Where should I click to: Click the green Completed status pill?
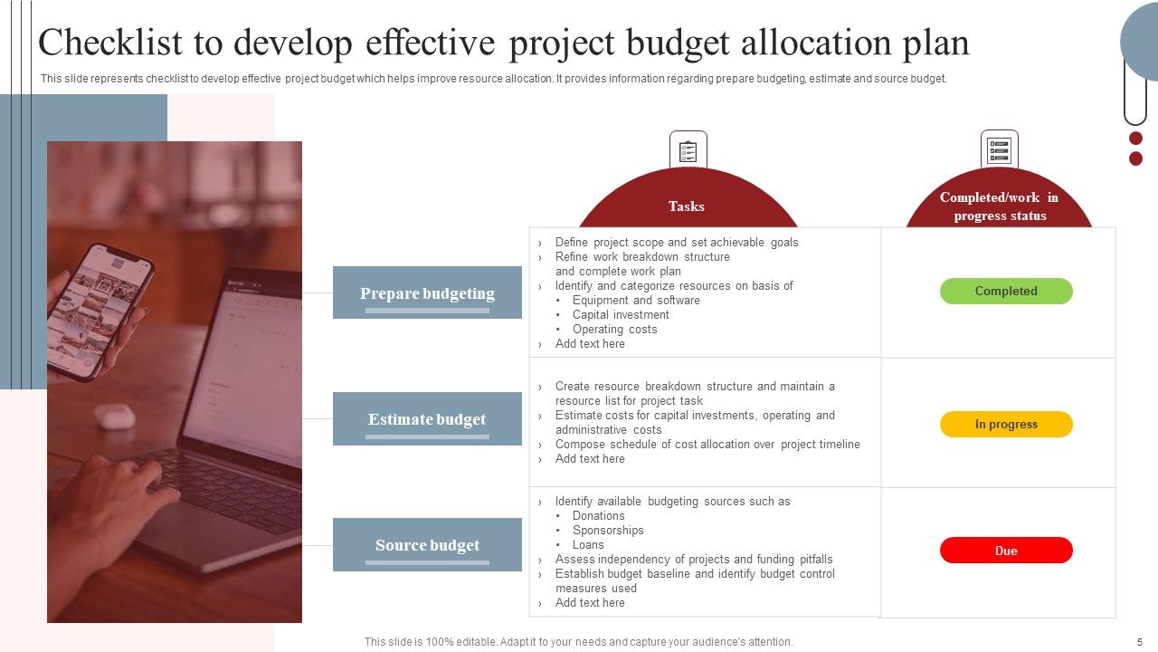pos(1006,291)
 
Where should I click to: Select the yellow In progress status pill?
pos(1006,424)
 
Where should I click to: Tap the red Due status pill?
pos(1006,551)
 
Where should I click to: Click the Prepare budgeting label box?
pos(427,292)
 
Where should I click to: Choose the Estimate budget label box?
pos(427,418)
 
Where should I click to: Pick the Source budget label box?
pos(427,544)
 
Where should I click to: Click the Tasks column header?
pos(687,206)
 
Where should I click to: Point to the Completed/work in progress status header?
pos(999,206)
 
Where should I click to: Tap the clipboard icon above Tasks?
pos(688,149)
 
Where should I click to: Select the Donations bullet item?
pos(598,515)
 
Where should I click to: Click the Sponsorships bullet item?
pos(608,530)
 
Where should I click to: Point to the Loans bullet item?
pos(588,544)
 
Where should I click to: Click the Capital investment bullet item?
pos(621,314)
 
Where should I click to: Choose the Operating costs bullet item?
pos(614,329)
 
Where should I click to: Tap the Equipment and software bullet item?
pos(636,300)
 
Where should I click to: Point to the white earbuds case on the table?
pos(115,416)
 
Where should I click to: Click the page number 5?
pos(1139,641)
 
